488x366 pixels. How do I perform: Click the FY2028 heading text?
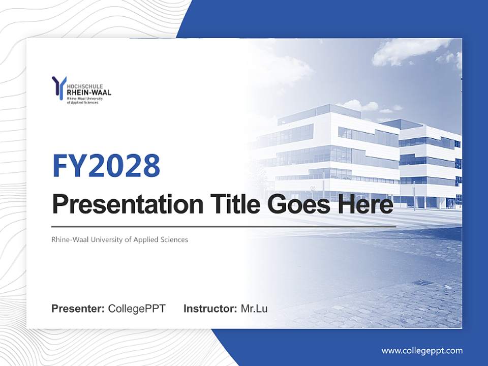106,165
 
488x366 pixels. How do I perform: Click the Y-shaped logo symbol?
59,87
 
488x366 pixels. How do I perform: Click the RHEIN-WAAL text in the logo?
89,93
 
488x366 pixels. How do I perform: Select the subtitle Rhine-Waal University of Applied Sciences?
119,239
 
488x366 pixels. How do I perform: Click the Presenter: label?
78,309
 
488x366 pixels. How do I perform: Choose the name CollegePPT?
137,309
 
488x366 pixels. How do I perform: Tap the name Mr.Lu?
254,309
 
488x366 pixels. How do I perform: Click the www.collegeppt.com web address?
422,351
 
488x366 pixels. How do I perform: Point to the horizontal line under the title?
224,226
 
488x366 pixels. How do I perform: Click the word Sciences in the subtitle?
175,239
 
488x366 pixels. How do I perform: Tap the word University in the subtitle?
106,239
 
